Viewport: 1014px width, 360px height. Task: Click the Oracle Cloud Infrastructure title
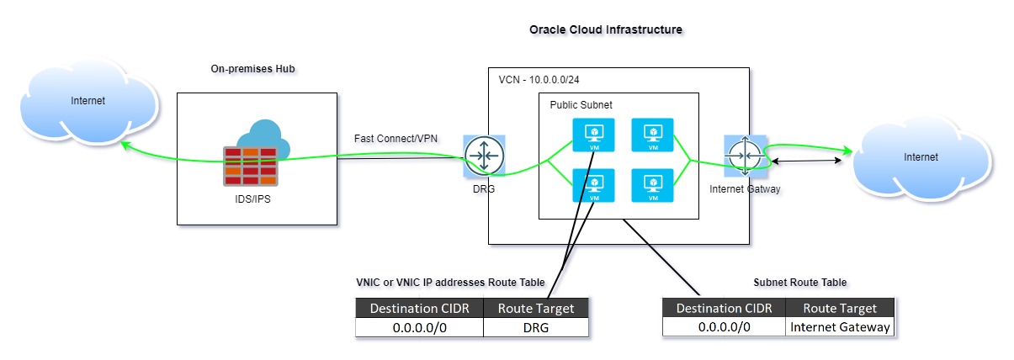pos(605,29)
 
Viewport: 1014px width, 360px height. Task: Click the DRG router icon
pos(484,156)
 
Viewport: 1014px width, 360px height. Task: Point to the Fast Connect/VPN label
pos(390,137)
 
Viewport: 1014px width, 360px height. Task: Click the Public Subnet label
pos(581,105)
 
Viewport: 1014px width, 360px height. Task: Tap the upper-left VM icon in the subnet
pos(593,135)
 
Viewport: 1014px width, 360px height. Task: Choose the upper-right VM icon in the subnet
pos(652,135)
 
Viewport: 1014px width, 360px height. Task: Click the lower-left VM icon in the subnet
pos(593,186)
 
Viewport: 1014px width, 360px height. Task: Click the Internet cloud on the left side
pos(89,103)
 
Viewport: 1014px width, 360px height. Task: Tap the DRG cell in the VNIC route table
pos(535,328)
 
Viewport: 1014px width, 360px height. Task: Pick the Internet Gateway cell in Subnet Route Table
pos(840,327)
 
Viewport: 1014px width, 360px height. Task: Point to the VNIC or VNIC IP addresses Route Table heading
pos(450,282)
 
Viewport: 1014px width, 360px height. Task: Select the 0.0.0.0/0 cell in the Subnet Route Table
pos(724,327)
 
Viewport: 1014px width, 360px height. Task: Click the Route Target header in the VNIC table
pos(535,308)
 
